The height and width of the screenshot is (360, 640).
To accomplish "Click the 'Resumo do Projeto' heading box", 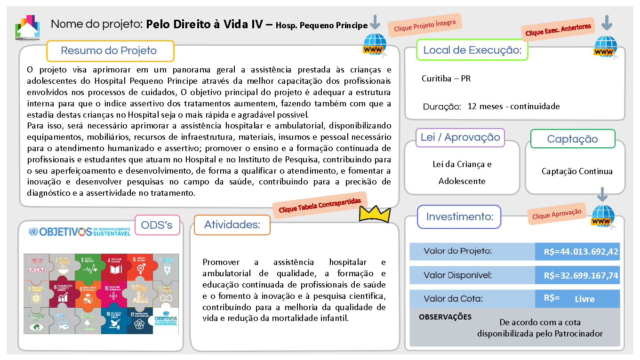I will (x=110, y=51).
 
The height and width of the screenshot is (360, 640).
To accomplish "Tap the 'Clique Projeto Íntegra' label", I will (x=425, y=25).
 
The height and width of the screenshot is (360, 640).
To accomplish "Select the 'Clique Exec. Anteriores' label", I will (x=558, y=30).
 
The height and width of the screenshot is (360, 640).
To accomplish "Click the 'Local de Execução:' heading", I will (x=472, y=50).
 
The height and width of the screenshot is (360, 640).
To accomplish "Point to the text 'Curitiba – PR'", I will (x=446, y=79).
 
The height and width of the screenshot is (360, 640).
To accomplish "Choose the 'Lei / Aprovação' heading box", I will (x=460, y=137).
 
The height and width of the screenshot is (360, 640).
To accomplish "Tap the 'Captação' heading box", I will (x=572, y=139).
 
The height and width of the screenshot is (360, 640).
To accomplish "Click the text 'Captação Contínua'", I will (x=577, y=171).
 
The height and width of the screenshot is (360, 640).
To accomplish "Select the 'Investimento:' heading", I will (x=459, y=217).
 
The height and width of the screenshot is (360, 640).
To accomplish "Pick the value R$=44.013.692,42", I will (x=581, y=252).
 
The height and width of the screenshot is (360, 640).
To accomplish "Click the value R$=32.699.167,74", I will (x=581, y=275).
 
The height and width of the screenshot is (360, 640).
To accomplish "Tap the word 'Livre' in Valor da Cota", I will (x=584, y=299).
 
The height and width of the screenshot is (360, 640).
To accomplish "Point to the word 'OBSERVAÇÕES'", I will (x=445, y=317).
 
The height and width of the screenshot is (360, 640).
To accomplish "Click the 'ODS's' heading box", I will (x=157, y=225).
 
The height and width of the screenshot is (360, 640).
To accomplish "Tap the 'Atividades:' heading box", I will (x=232, y=225).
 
